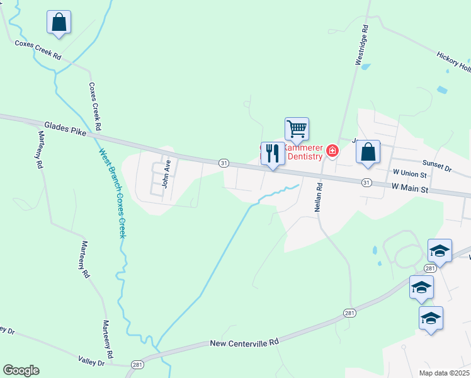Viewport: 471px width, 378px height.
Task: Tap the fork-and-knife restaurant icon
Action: coord(272,154)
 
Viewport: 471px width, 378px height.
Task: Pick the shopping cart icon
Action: coord(297,129)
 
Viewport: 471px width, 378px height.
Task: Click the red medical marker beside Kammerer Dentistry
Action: coord(332,151)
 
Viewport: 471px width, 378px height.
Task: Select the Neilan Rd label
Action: coord(319,196)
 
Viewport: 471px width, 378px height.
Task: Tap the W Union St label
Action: coord(409,173)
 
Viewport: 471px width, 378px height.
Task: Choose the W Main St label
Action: coord(409,188)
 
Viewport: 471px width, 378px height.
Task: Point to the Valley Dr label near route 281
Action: coord(91,362)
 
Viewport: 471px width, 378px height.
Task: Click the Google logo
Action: coord(21,370)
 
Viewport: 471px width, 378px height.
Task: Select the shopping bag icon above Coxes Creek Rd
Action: coord(59,23)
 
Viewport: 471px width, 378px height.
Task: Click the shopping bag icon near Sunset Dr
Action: coord(368,152)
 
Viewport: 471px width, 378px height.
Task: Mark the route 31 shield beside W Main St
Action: coord(366,182)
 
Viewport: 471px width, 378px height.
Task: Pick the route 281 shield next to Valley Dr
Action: coord(137,365)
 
